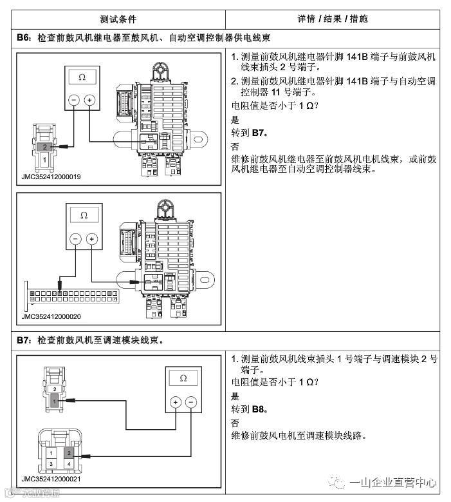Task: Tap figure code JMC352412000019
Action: tap(50, 176)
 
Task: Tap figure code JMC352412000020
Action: tap(50, 316)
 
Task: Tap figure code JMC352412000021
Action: tap(50, 479)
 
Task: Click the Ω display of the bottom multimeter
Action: tap(183, 378)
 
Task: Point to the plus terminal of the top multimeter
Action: tap(89, 100)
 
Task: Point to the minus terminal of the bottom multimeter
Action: tap(191, 402)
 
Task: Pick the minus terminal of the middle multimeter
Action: tap(75, 239)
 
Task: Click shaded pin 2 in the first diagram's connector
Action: tap(44, 148)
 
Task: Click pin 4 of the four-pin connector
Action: tap(69, 464)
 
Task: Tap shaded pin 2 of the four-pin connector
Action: tap(69, 452)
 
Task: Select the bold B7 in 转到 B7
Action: tap(260, 133)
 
